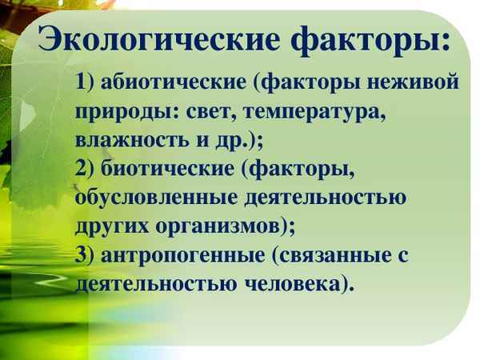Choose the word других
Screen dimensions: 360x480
[x=113, y=226]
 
